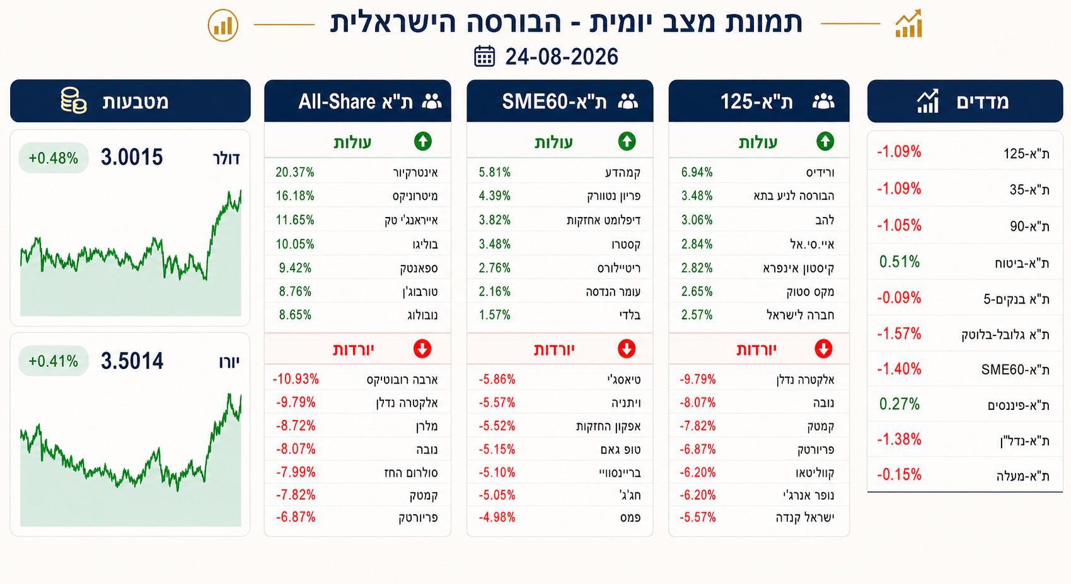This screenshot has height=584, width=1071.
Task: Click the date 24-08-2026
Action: [x=562, y=57]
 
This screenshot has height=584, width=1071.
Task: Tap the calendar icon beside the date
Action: [x=484, y=56]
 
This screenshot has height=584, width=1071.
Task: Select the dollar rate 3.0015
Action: [x=132, y=158]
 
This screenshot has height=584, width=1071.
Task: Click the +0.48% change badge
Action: [x=53, y=158]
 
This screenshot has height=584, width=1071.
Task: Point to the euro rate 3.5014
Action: [x=132, y=361]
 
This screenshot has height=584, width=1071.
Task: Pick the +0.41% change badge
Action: [x=53, y=361]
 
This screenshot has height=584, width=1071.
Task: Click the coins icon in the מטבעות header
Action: [x=74, y=100]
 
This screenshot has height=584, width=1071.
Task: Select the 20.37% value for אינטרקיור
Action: [x=294, y=172]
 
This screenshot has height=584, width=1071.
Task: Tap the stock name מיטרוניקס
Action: [x=415, y=196]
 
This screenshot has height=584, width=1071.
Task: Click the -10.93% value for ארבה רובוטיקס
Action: [x=296, y=379]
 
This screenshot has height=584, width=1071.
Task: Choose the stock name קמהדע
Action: [x=623, y=172]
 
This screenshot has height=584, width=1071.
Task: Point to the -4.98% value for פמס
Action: [x=497, y=517]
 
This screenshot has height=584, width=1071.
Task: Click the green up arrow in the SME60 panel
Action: [x=627, y=141]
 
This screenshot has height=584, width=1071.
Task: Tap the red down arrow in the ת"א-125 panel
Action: [x=823, y=349]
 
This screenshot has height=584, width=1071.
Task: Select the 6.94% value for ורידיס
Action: [x=697, y=172]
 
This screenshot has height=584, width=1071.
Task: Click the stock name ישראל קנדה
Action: [x=805, y=517]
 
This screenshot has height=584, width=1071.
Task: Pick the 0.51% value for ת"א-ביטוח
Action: [x=900, y=262]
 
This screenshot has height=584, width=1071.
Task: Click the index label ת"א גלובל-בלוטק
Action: [x=1005, y=334]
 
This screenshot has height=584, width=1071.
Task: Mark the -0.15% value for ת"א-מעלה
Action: [x=899, y=474]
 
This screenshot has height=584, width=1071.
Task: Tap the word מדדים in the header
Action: [x=983, y=102]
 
